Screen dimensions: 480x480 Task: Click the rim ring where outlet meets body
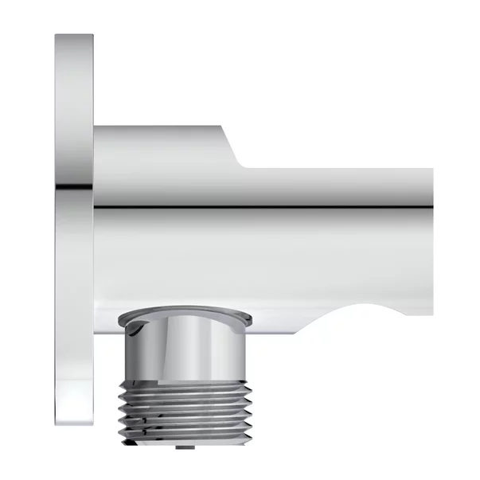182,318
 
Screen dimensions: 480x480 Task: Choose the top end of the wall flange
74,38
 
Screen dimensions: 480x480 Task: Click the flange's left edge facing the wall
57,239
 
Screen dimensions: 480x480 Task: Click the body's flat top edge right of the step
342,170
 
